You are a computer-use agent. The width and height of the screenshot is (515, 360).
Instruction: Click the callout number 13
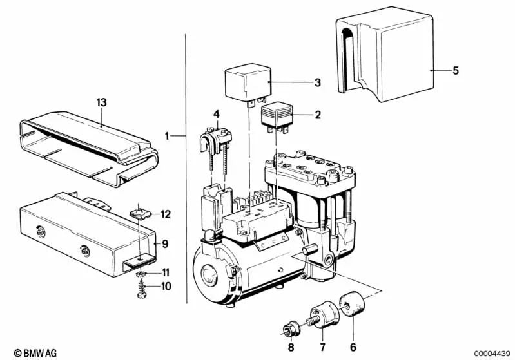pos(101,102)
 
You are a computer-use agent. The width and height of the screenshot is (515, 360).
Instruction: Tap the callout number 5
pos(455,71)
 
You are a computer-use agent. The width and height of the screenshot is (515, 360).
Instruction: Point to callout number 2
pos(317,116)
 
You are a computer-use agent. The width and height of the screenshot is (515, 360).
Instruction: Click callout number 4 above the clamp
pos(217,114)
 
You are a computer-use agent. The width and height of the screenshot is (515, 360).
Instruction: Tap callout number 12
pos(166,214)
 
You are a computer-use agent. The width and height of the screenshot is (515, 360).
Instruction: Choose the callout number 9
pos(165,244)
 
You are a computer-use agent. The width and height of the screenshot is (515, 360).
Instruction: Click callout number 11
pos(165,272)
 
